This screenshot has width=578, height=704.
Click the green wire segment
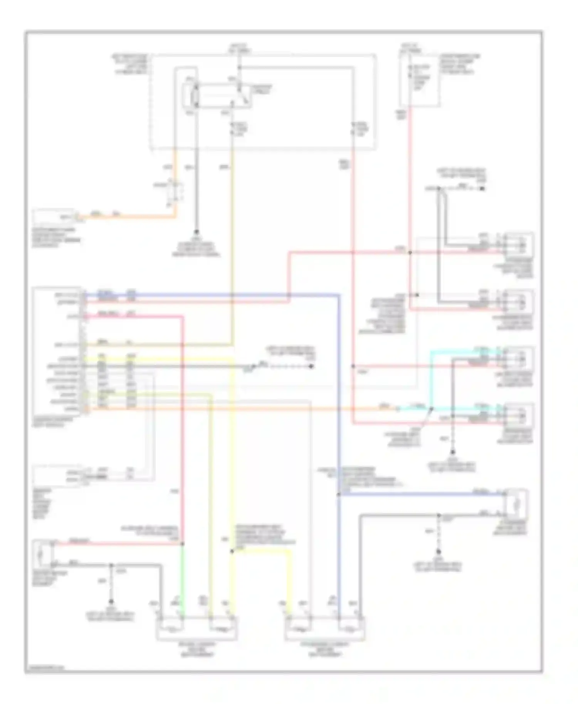click(x=182, y=578)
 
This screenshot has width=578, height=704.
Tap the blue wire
click(x=339, y=385)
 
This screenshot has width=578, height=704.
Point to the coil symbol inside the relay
click(x=195, y=94)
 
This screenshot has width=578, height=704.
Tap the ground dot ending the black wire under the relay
click(x=196, y=232)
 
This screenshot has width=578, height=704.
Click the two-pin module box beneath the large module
click(x=57, y=476)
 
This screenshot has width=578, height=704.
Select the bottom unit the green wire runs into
click(x=197, y=629)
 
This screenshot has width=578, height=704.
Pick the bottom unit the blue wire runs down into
click(x=325, y=629)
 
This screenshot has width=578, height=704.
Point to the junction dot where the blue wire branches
click(x=339, y=494)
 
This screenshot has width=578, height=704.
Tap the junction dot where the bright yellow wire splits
click(x=232, y=551)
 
